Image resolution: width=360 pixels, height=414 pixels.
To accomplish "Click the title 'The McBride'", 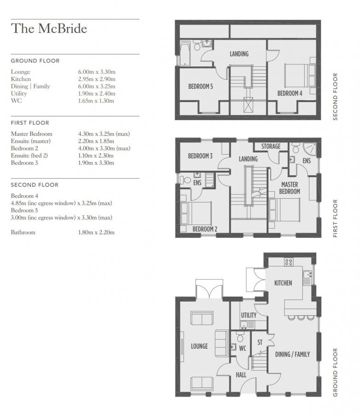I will point(49,29).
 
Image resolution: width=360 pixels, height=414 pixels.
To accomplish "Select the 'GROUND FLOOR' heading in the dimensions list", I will point(35,61).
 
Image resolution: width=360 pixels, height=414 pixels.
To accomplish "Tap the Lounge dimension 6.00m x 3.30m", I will point(97,72).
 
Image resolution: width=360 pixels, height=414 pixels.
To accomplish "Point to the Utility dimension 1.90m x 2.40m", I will point(96,93).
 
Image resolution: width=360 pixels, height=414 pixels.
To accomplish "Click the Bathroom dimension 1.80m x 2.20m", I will point(96,232).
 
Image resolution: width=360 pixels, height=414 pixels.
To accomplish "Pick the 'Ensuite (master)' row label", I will point(31,141).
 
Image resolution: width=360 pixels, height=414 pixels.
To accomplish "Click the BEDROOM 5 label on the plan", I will point(200,86).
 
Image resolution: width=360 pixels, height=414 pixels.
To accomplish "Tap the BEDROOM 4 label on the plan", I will point(290,93).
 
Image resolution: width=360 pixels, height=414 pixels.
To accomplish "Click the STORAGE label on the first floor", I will point(271,146).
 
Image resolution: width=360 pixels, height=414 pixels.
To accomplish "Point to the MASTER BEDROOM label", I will point(290,188).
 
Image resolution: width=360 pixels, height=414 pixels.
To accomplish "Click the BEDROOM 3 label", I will point(200,156).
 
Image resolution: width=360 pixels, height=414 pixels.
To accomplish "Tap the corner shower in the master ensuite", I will point(309,149).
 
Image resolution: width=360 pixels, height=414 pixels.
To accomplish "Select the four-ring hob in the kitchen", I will point(289,262).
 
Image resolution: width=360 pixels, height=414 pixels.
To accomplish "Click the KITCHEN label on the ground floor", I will point(283,283).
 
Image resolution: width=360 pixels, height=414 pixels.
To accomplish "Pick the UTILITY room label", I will point(249,315).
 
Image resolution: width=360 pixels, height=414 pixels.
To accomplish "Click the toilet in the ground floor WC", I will point(240,337).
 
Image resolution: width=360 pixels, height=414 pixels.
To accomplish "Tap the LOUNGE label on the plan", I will point(199,346).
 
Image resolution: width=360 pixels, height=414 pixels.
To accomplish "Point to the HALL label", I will point(241,375).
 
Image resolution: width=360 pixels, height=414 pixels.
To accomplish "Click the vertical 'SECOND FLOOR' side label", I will point(335,97).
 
